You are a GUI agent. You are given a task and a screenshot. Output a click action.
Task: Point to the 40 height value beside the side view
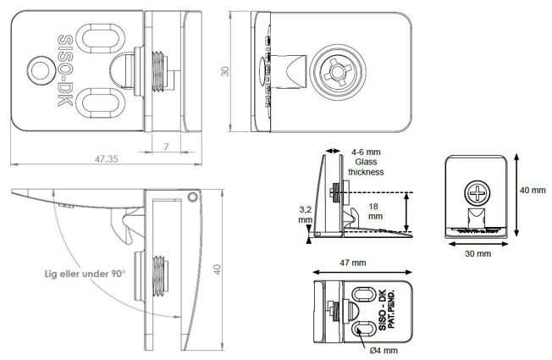pyautogui.click(x=218, y=269)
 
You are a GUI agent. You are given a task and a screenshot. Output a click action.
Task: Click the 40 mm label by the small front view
pyautogui.click(x=533, y=190)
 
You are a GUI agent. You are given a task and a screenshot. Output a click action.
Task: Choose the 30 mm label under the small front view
pyautogui.click(x=478, y=252)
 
